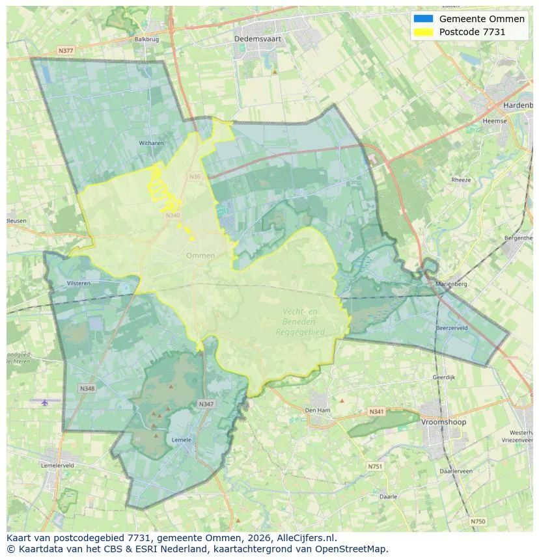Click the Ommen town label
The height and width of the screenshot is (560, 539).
(x=200, y=256)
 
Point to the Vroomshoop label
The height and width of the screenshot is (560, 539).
(x=444, y=422)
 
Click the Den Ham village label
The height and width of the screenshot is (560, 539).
(x=318, y=410)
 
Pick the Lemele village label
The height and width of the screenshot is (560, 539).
(x=181, y=440)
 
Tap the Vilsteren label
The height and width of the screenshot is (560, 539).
(x=79, y=283)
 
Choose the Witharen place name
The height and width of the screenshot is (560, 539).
(x=150, y=143)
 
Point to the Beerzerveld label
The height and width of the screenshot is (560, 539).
(x=452, y=328)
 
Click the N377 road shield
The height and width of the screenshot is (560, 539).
(x=65, y=49)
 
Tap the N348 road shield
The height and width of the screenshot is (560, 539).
(x=87, y=388)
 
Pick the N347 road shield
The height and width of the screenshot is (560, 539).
(x=206, y=404)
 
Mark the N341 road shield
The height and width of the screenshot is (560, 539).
(x=376, y=412)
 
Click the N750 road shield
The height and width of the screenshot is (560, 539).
(x=478, y=521)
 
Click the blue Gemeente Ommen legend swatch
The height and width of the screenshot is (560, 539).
(x=422, y=19)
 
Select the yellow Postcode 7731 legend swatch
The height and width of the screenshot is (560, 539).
(x=422, y=32)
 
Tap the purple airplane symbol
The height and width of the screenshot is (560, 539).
(x=44, y=403)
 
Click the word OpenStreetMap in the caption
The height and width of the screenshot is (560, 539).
(x=352, y=549)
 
